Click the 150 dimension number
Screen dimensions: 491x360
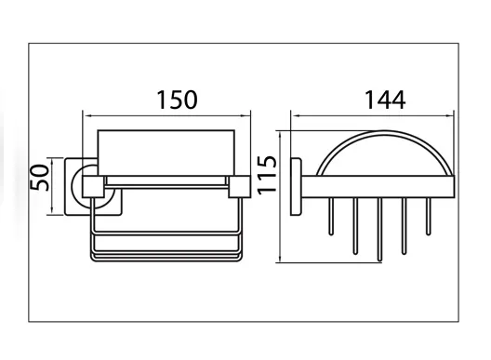coord(177,100)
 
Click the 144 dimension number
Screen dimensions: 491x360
coord(385,100)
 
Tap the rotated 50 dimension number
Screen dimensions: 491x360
coord(40,178)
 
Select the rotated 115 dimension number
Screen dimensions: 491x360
coord(267,175)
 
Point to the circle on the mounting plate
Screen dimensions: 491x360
coord(73,186)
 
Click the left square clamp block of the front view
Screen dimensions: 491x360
coord(93,187)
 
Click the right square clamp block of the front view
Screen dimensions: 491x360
coord(240,187)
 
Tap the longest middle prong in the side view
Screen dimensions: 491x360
coord(379,230)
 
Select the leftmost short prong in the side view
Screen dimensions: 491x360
coord(331,217)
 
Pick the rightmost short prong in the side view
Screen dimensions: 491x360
coord(429,217)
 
